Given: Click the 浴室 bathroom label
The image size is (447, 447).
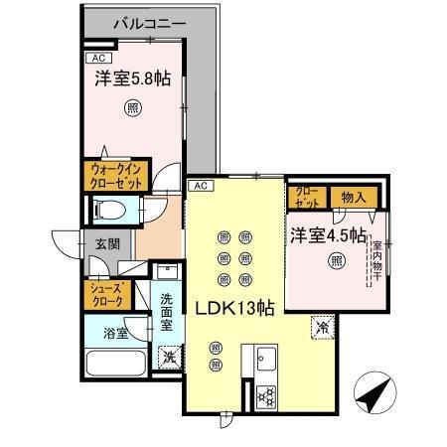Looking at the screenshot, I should click(115, 334).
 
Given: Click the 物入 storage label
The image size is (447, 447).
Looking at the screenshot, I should click(354, 198).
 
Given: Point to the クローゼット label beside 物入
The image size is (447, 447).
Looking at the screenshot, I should click(307, 198).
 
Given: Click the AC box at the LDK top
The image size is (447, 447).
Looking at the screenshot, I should click(199, 186).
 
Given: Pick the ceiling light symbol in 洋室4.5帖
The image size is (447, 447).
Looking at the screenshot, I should click(336, 261).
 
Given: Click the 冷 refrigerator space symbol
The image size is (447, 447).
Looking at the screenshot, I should click(322, 324).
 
